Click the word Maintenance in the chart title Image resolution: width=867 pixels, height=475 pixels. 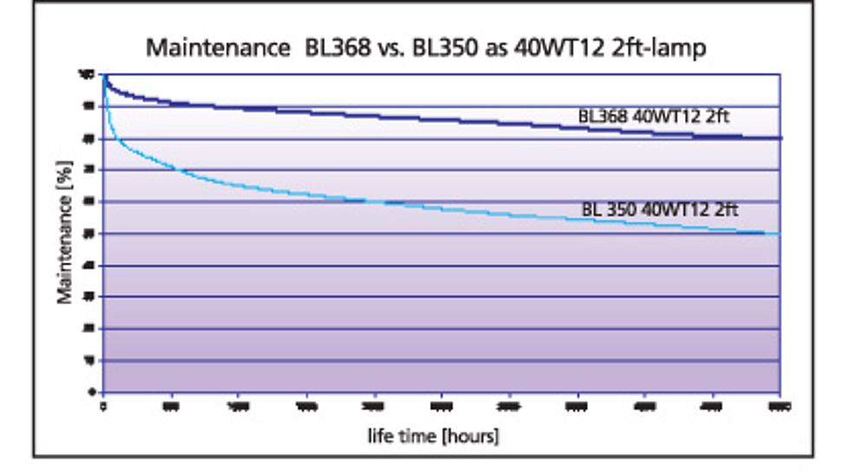(218, 48)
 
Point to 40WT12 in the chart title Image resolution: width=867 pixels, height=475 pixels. (544, 48)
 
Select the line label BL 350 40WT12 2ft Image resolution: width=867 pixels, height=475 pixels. (660, 209)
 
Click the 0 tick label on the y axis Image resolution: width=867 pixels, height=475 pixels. (91, 392)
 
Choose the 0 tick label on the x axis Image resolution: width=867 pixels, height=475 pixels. (103, 405)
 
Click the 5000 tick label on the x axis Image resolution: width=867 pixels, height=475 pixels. (779, 405)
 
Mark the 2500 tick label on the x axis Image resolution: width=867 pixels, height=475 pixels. (441, 405)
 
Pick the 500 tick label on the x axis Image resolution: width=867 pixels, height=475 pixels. (171, 405)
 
